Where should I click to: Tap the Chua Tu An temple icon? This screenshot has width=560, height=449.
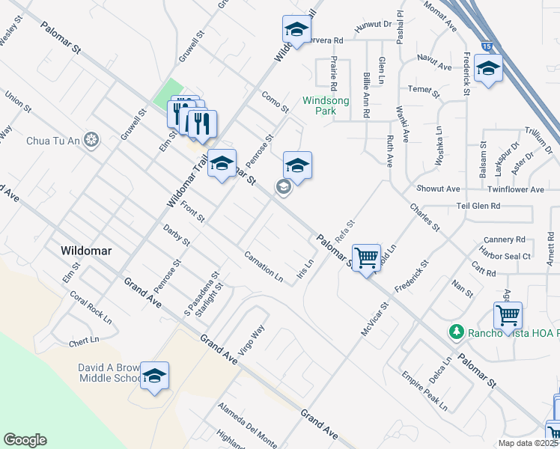91,140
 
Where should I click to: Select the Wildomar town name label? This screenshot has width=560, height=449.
87,251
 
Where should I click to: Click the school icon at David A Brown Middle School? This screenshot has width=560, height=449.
154,376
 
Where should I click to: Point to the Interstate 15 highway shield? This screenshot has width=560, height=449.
488,46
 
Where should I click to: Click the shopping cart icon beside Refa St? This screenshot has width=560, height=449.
366,258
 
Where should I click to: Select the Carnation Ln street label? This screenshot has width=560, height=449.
264,267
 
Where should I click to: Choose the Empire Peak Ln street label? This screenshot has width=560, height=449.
424,391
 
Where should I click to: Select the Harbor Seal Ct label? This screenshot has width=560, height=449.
505,256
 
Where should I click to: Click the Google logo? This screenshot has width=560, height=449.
25,440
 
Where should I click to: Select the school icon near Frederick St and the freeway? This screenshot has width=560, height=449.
488,70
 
